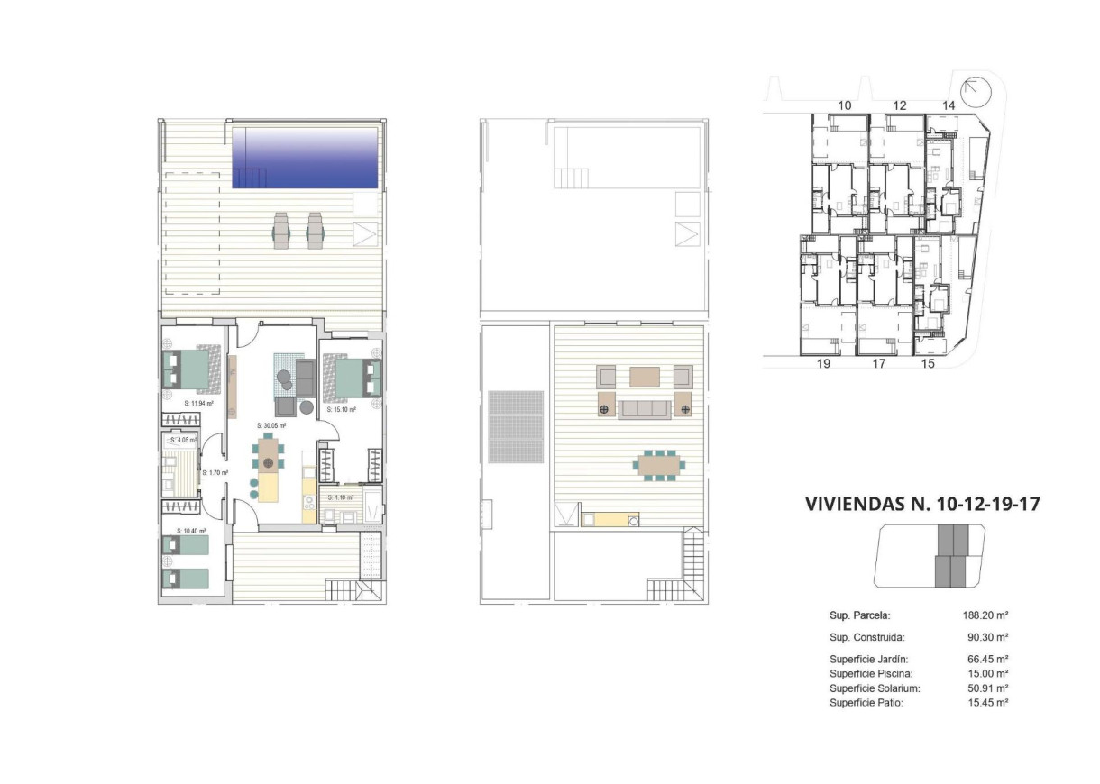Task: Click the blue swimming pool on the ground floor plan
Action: tap(305, 157)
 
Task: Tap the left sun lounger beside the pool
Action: tap(280, 230)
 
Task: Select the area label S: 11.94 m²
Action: tap(198, 404)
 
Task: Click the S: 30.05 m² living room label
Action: tap(270, 425)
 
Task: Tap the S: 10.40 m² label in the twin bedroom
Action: tap(191, 531)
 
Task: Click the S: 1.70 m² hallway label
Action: tap(215, 471)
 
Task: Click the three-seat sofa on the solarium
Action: tap(644, 409)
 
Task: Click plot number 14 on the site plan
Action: tap(948, 105)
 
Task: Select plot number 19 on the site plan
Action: tap(822, 364)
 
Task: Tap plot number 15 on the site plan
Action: tap(928, 364)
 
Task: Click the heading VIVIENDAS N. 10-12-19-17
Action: tap(921, 504)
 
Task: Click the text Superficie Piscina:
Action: tap(871, 673)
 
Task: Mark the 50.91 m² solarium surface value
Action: tap(986, 688)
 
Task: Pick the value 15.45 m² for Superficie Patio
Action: tap(986, 702)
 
